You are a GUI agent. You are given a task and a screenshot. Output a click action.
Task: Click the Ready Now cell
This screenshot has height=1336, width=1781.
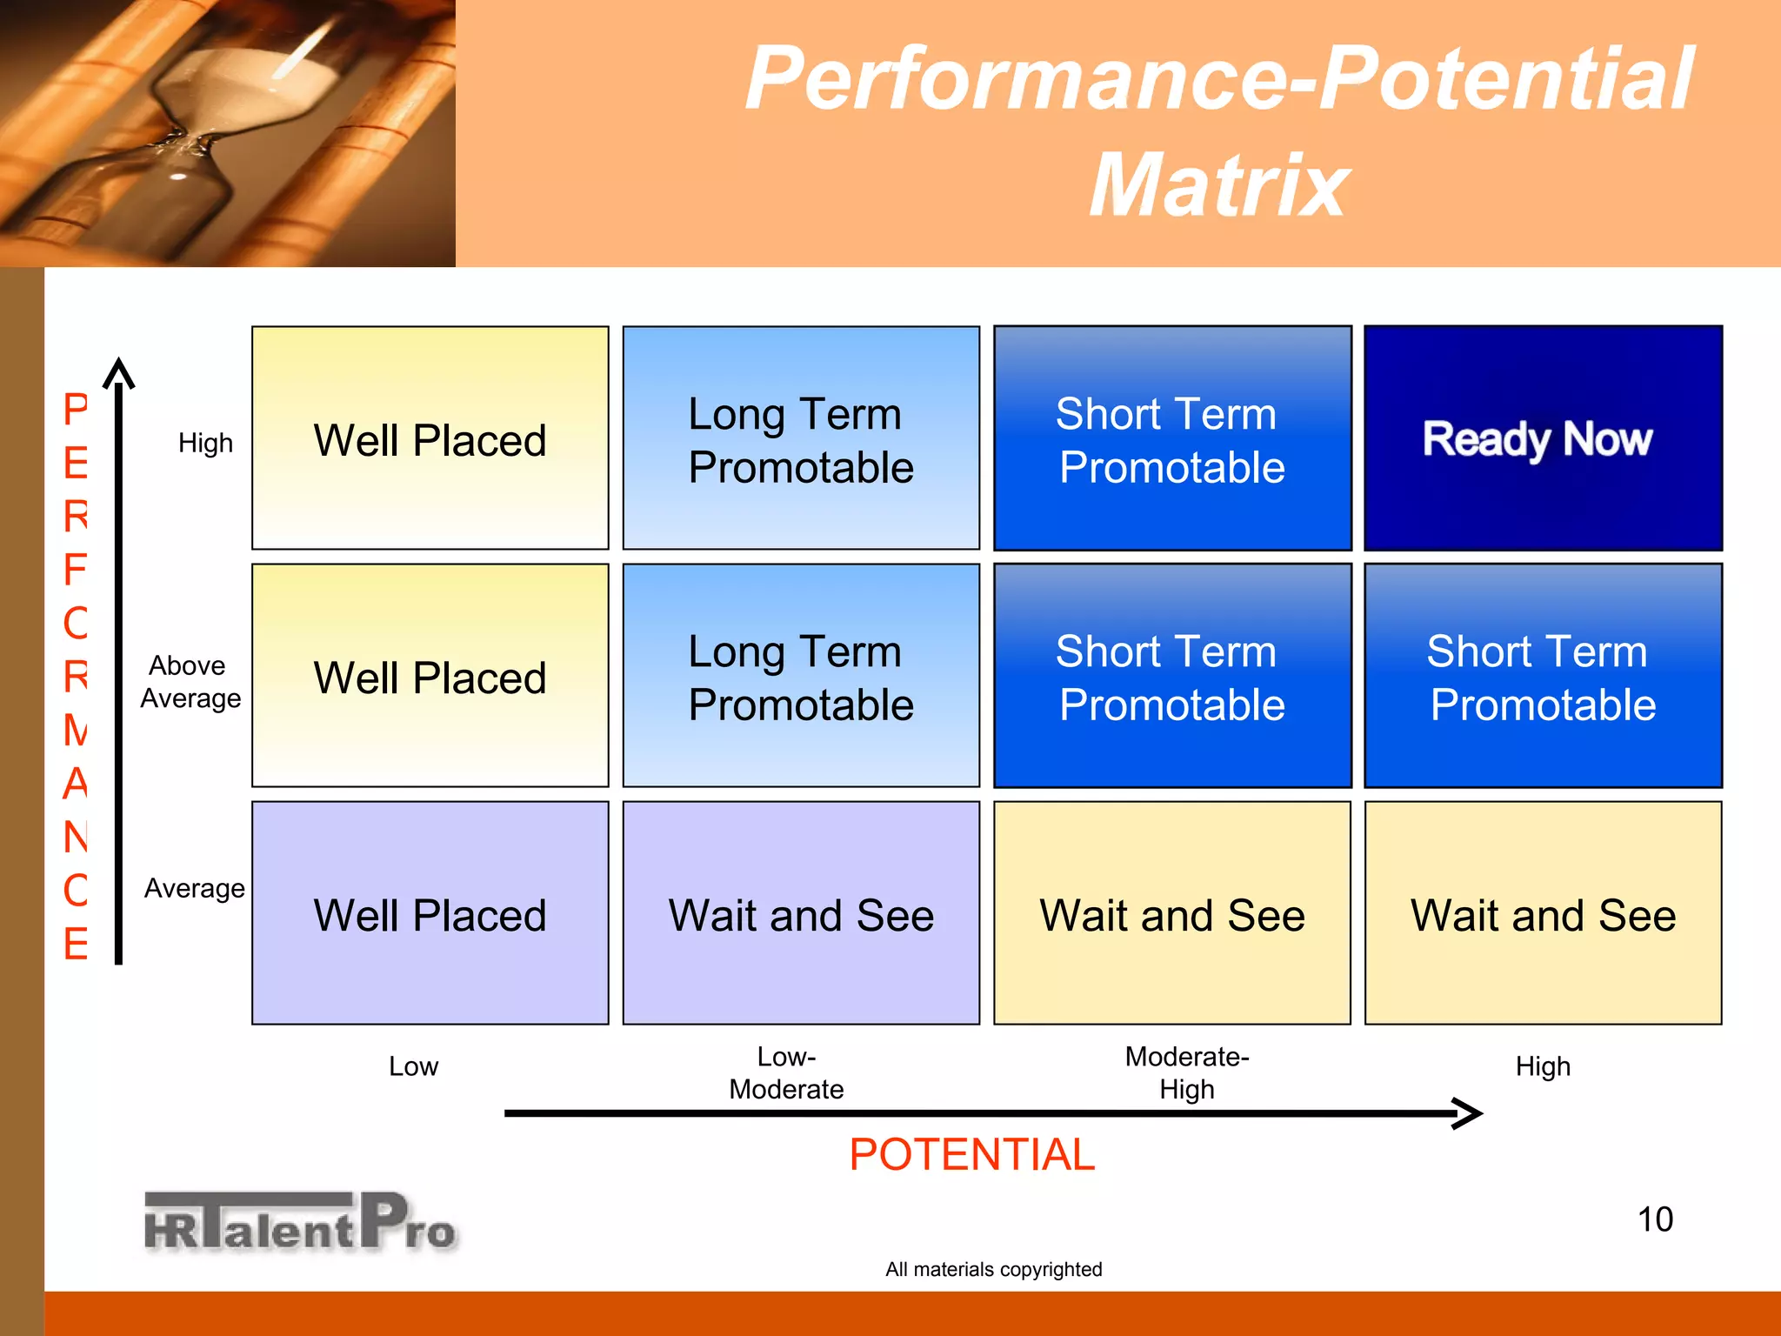[1542, 438]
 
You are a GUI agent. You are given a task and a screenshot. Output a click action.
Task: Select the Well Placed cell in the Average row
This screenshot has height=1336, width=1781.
[430, 913]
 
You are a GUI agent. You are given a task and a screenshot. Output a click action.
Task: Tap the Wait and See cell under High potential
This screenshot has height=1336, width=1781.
[1542, 913]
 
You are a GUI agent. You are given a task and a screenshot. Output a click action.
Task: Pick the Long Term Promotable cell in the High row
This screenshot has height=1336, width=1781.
[800, 438]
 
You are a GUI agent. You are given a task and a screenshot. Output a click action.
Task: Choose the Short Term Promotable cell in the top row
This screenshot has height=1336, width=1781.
[1171, 438]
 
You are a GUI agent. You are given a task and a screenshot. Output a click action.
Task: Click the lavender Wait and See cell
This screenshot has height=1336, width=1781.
[800, 913]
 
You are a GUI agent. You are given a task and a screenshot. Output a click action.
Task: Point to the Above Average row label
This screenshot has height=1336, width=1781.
[190, 682]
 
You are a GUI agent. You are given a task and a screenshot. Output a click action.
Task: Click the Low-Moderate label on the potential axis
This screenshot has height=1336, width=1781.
[786, 1072]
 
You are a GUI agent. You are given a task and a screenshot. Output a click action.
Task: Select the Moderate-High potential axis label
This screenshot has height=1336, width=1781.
[1186, 1072]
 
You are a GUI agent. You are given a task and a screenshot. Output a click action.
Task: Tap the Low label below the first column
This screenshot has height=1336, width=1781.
[413, 1066]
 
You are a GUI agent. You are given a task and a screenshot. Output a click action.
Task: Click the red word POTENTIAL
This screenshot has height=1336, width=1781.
[971, 1155]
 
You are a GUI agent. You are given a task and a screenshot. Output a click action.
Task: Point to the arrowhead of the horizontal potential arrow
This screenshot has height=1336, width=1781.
[1470, 1113]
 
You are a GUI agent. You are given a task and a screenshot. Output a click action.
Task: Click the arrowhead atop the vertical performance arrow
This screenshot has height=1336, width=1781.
[119, 371]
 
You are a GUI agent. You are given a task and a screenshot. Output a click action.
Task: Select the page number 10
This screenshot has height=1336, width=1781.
[1654, 1219]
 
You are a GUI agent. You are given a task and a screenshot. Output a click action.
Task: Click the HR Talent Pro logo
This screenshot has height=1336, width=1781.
[300, 1223]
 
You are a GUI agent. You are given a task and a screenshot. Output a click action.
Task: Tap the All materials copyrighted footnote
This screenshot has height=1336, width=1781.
[993, 1269]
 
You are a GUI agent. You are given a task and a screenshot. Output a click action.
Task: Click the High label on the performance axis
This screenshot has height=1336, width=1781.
[205, 443]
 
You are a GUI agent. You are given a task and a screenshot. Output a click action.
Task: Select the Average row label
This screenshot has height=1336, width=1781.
[194, 888]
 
